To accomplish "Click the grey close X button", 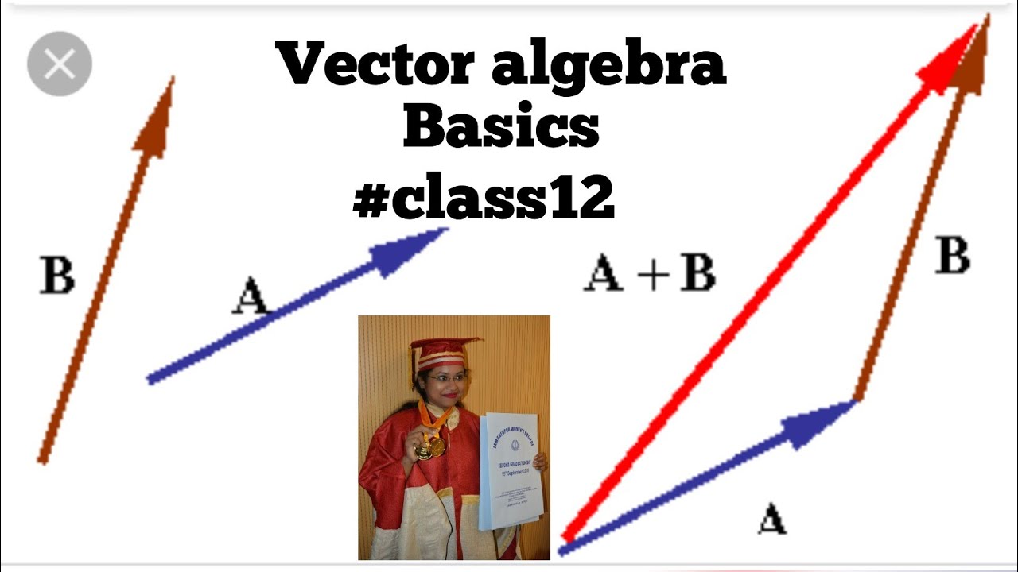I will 60,64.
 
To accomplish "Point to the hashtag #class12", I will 484,199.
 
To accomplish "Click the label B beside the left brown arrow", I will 57,275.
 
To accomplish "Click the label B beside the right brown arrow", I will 952,257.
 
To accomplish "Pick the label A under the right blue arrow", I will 771,519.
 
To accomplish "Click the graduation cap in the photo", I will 442,350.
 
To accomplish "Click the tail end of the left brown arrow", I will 42,458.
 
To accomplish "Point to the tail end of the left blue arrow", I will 152,379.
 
